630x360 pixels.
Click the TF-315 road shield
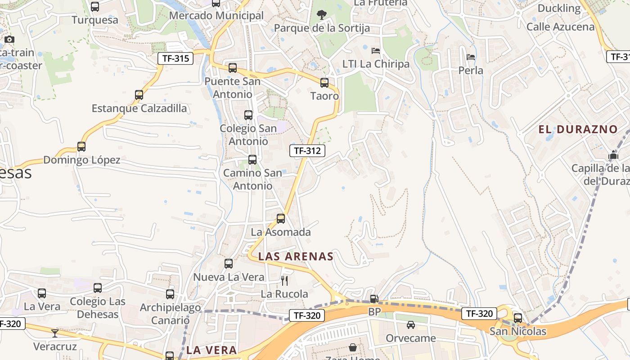pos(175,58)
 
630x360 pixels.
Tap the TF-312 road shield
pos(307,151)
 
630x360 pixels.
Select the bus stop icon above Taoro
pos(324,83)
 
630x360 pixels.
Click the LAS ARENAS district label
pos(296,256)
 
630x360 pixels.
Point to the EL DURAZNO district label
pos(578,130)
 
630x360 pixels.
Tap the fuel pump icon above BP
pos(374,299)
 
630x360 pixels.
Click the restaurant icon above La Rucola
pos(284,281)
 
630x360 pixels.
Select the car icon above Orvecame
pos(411,325)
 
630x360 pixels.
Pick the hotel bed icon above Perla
pos(471,57)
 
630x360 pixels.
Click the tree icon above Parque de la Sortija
pos(321,15)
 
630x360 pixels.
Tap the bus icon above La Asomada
pos(281,219)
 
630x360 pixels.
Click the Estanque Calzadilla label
pos(139,108)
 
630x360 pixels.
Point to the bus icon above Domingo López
pos(81,147)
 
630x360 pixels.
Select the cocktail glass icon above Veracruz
pos(54,333)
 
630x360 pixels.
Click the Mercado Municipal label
pos(216,16)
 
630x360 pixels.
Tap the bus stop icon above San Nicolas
pos(518,318)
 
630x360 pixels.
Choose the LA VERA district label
pos(211,350)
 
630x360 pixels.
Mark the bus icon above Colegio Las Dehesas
pos(98,288)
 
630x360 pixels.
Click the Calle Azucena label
pos(560,27)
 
